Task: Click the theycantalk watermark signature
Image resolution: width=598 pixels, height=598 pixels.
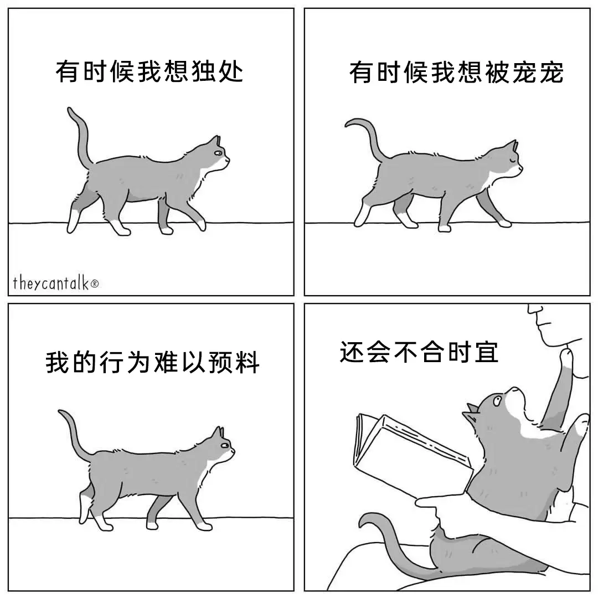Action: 56,283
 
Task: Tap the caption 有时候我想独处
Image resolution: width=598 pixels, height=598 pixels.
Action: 149,71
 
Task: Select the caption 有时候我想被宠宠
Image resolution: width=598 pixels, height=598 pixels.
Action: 456,72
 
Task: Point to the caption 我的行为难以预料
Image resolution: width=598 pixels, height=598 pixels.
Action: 153,362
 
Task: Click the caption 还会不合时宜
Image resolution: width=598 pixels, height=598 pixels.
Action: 419,352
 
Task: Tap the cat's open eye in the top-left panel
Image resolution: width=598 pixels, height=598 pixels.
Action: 218,153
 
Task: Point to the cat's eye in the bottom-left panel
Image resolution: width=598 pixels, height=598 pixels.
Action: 225,445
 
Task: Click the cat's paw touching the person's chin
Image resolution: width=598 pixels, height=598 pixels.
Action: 566,358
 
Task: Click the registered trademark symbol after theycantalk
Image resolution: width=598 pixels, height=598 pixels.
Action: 95,283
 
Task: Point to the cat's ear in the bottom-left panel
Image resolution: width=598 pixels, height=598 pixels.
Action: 219,432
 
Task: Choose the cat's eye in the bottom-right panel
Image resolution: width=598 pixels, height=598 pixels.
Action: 497,400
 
